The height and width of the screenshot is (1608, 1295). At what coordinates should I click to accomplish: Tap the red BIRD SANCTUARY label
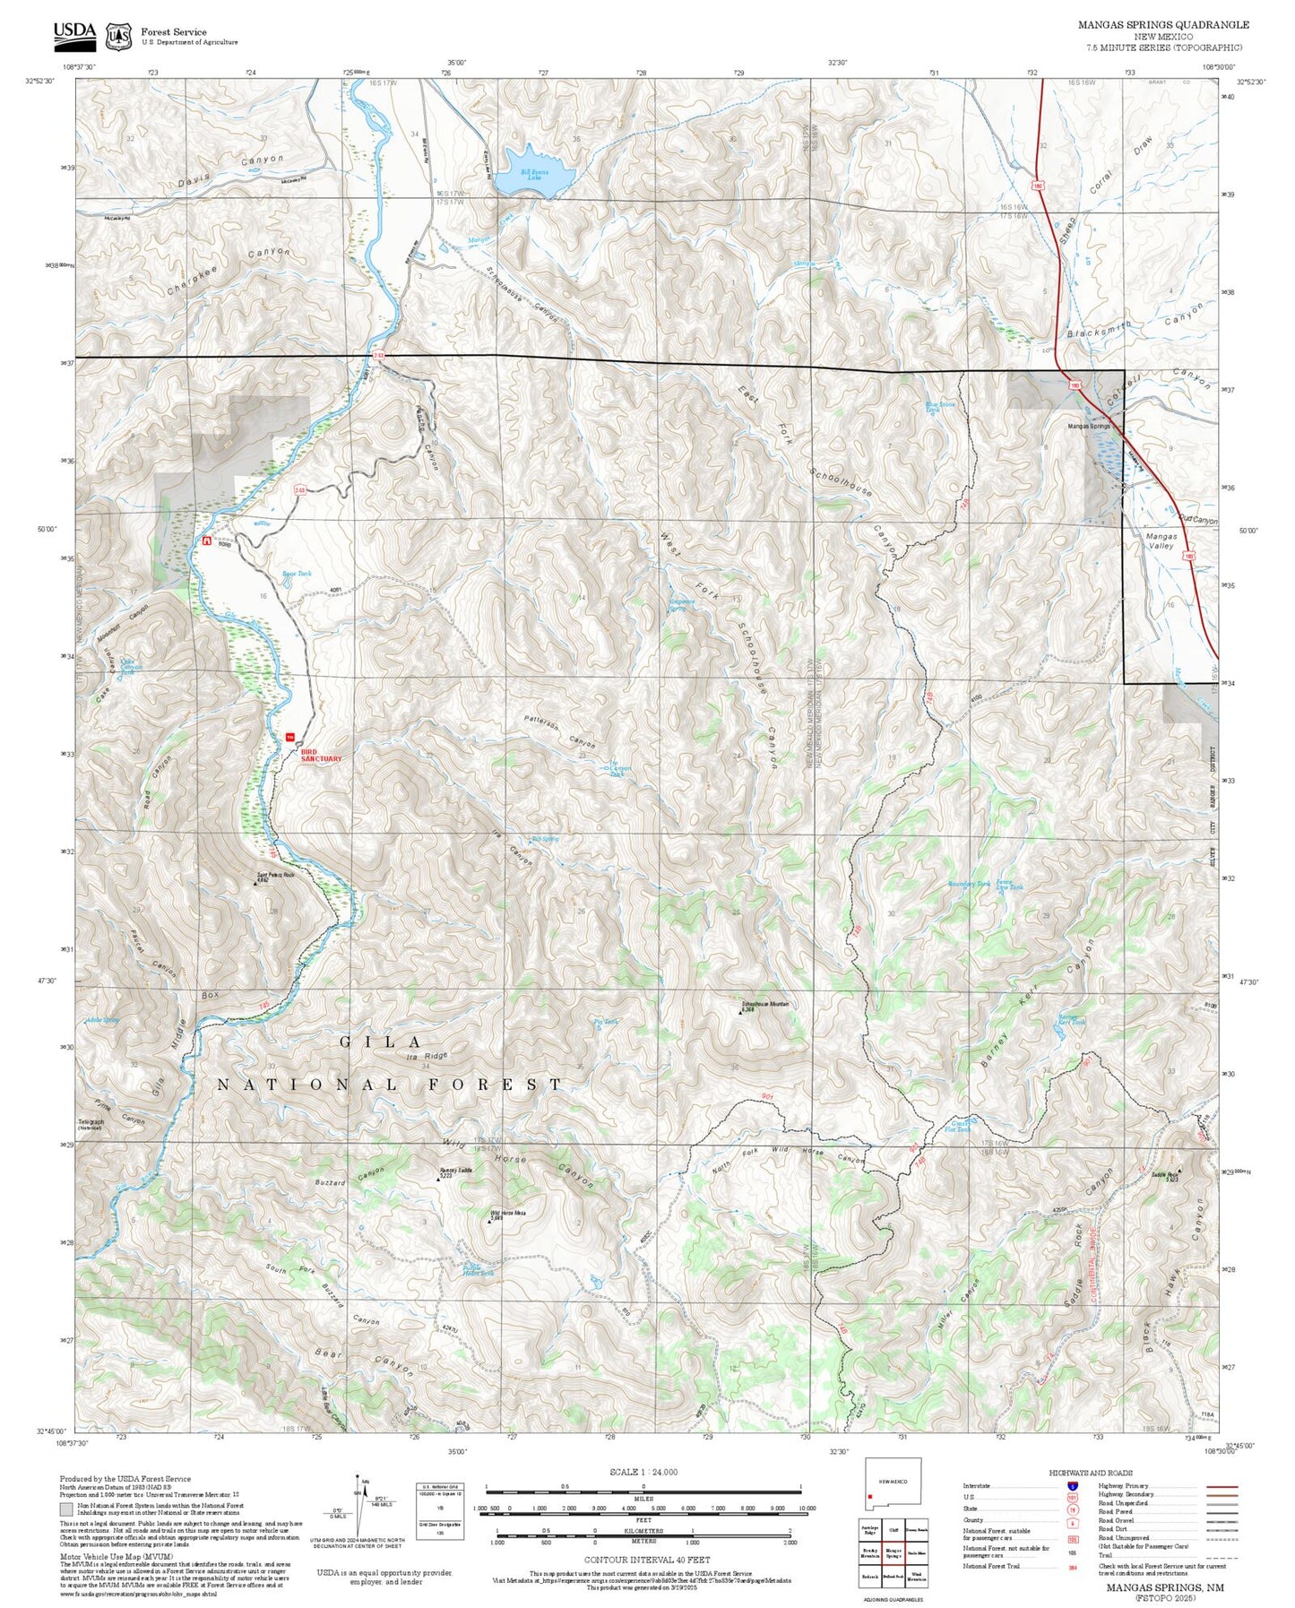coord(321,755)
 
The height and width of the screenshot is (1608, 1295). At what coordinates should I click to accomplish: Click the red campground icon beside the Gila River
coord(207,541)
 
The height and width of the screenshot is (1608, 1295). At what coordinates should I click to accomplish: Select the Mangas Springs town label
coord(1088,427)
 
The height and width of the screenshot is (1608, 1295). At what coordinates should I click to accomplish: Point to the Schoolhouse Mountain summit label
coord(764,1005)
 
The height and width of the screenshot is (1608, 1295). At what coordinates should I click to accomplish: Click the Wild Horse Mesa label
coord(508,1215)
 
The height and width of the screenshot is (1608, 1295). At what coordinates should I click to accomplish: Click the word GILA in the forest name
coord(381,1042)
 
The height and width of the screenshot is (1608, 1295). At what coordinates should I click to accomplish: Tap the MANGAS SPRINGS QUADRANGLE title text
coord(1162,25)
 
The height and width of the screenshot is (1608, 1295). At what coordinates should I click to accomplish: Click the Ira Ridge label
coord(426,1057)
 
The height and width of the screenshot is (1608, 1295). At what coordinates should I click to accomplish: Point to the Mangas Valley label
coord(1161,540)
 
